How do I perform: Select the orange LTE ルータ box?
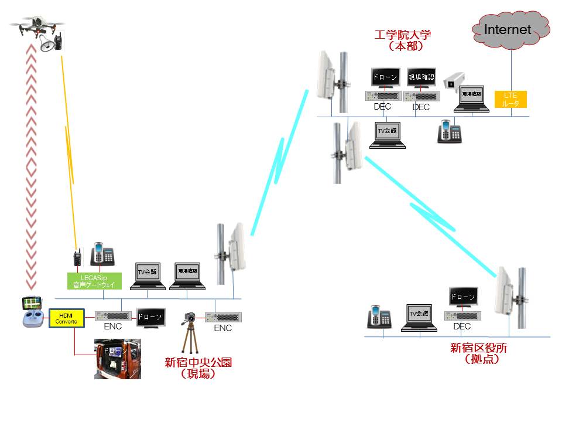510,99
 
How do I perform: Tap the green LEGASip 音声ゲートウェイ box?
94,281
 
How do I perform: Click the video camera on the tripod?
190,318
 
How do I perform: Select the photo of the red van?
117,358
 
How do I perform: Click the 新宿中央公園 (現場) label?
198,368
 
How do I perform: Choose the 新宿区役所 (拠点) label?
478,353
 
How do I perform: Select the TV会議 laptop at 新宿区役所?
419,318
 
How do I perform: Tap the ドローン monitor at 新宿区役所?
463,297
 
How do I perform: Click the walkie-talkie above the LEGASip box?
76,257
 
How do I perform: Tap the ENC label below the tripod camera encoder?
223,328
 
